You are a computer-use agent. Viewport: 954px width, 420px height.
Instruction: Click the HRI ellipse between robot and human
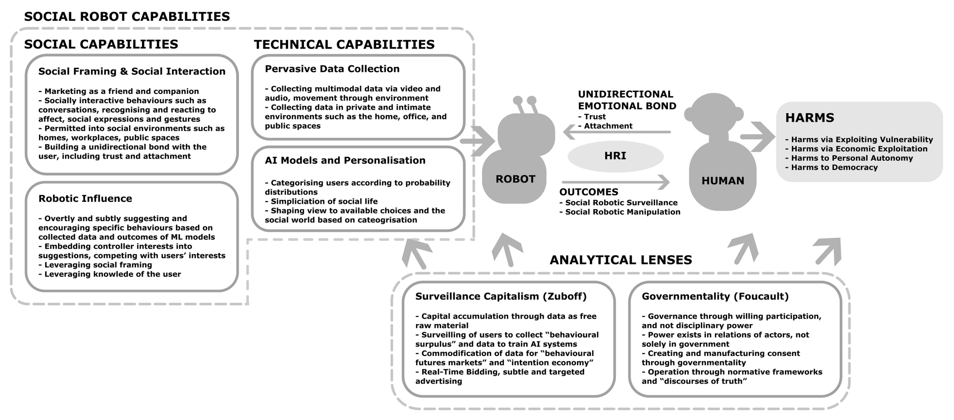pyautogui.click(x=615, y=156)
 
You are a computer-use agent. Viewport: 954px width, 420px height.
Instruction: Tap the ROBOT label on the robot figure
pyautogui.click(x=515, y=179)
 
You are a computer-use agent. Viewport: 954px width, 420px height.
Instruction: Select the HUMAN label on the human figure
pyautogui.click(x=722, y=181)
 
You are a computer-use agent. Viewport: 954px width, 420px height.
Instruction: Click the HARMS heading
pyautogui.click(x=810, y=118)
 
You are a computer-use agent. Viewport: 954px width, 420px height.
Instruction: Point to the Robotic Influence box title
pyautogui.click(x=85, y=199)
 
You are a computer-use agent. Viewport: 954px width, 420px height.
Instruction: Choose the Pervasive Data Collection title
pyautogui.click(x=332, y=69)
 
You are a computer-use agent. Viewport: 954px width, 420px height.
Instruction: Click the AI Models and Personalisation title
pyautogui.click(x=345, y=160)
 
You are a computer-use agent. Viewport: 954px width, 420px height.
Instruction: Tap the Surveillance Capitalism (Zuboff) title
pyautogui.click(x=501, y=296)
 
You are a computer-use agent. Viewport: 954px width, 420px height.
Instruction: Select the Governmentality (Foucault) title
pyautogui.click(x=715, y=296)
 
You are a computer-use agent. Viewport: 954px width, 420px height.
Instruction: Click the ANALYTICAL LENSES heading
pyautogui.click(x=621, y=260)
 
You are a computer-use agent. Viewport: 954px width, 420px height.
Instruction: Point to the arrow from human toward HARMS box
pyautogui.click(x=758, y=137)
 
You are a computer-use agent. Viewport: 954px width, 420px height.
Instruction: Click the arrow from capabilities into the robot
pyautogui.click(x=478, y=141)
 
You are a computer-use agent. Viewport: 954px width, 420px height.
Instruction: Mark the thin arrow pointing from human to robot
pyautogui.click(x=617, y=132)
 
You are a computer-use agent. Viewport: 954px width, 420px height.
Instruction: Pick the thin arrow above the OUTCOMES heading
pyautogui.click(x=616, y=182)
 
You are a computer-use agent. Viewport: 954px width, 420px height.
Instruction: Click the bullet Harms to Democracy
pyautogui.click(x=831, y=168)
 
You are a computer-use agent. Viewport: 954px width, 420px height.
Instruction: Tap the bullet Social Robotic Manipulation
pyautogui.click(x=620, y=212)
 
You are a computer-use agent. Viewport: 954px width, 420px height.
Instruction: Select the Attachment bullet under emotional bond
pyautogui.click(x=605, y=126)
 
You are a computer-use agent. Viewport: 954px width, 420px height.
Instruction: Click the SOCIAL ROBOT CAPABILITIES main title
pyautogui.click(x=127, y=17)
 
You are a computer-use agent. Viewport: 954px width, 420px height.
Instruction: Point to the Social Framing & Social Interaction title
pyautogui.click(x=132, y=72)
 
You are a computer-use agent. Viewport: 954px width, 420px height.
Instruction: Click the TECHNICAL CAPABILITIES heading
pyautogui.click(x=344, y=45)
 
